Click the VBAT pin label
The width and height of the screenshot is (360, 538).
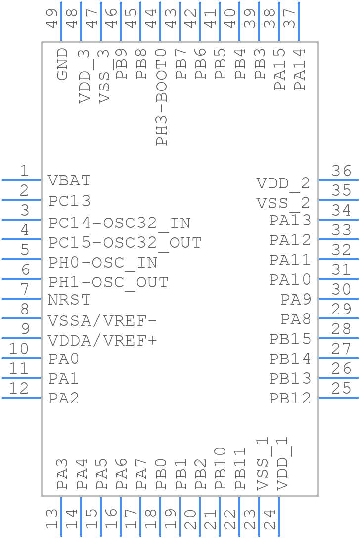click(69, 181)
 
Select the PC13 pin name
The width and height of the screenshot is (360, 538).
click(69, 201)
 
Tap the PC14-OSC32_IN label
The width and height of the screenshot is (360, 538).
click(119, 223)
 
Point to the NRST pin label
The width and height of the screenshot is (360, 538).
click(69, 300)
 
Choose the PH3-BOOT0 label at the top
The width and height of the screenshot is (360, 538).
click(161, 97)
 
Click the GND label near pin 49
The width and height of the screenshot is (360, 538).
click(62, 64)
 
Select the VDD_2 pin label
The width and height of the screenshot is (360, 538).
click(283, 184)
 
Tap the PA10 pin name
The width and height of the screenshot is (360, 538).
click(290, 280)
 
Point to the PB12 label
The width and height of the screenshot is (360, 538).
click(290, 398)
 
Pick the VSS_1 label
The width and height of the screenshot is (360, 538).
click(263, 464)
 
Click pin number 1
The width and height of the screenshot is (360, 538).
click(24, 172)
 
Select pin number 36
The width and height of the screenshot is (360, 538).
click(341, 172)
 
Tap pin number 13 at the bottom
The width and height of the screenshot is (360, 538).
click(52, 519)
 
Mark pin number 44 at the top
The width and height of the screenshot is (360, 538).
click(151, 18)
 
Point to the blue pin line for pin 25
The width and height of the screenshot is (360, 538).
click(338, 398)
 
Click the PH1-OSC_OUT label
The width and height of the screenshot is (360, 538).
click(108, 283)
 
